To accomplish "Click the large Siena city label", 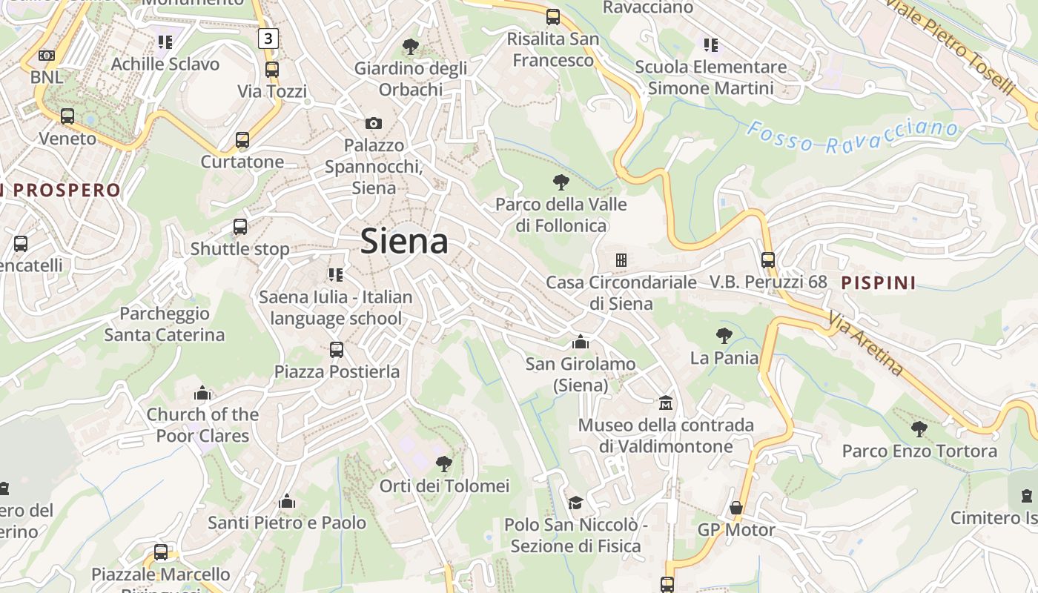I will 404,242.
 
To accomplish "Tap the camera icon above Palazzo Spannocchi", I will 374,123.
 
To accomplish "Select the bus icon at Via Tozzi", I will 272,70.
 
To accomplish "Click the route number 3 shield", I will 268,38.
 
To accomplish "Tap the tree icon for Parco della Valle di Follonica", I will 561,182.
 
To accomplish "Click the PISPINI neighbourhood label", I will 879,282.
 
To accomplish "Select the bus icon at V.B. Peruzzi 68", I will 768,260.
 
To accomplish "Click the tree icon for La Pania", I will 724,336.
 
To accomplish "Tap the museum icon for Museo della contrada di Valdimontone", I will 666,403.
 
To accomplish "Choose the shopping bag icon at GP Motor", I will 736,508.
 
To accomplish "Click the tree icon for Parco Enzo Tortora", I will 919,428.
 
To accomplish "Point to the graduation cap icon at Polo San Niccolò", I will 575,503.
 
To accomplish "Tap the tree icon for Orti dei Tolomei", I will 444,464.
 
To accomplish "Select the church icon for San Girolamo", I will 581,342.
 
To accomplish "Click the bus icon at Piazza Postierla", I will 337,349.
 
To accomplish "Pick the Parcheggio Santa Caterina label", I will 165,324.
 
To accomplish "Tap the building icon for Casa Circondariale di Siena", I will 621,259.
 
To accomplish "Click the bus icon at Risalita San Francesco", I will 553,17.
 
